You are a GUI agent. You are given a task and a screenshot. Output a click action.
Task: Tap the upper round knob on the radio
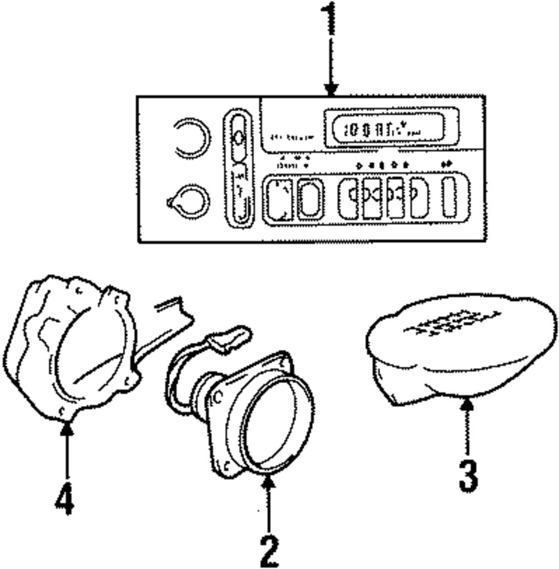192,138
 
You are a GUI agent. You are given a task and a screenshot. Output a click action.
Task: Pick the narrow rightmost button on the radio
449,198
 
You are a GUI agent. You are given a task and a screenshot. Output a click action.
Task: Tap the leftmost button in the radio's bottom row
278,199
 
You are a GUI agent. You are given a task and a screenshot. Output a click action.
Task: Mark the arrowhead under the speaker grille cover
467,400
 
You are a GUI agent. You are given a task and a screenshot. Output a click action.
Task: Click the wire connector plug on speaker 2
229,338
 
